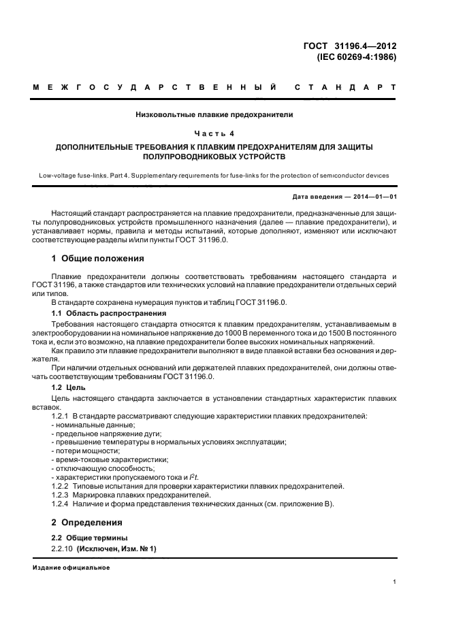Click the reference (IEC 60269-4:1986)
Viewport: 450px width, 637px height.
coord(356,57)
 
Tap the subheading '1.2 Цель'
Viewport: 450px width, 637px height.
coord(69,386)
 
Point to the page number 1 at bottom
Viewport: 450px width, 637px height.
coord(395,582)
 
